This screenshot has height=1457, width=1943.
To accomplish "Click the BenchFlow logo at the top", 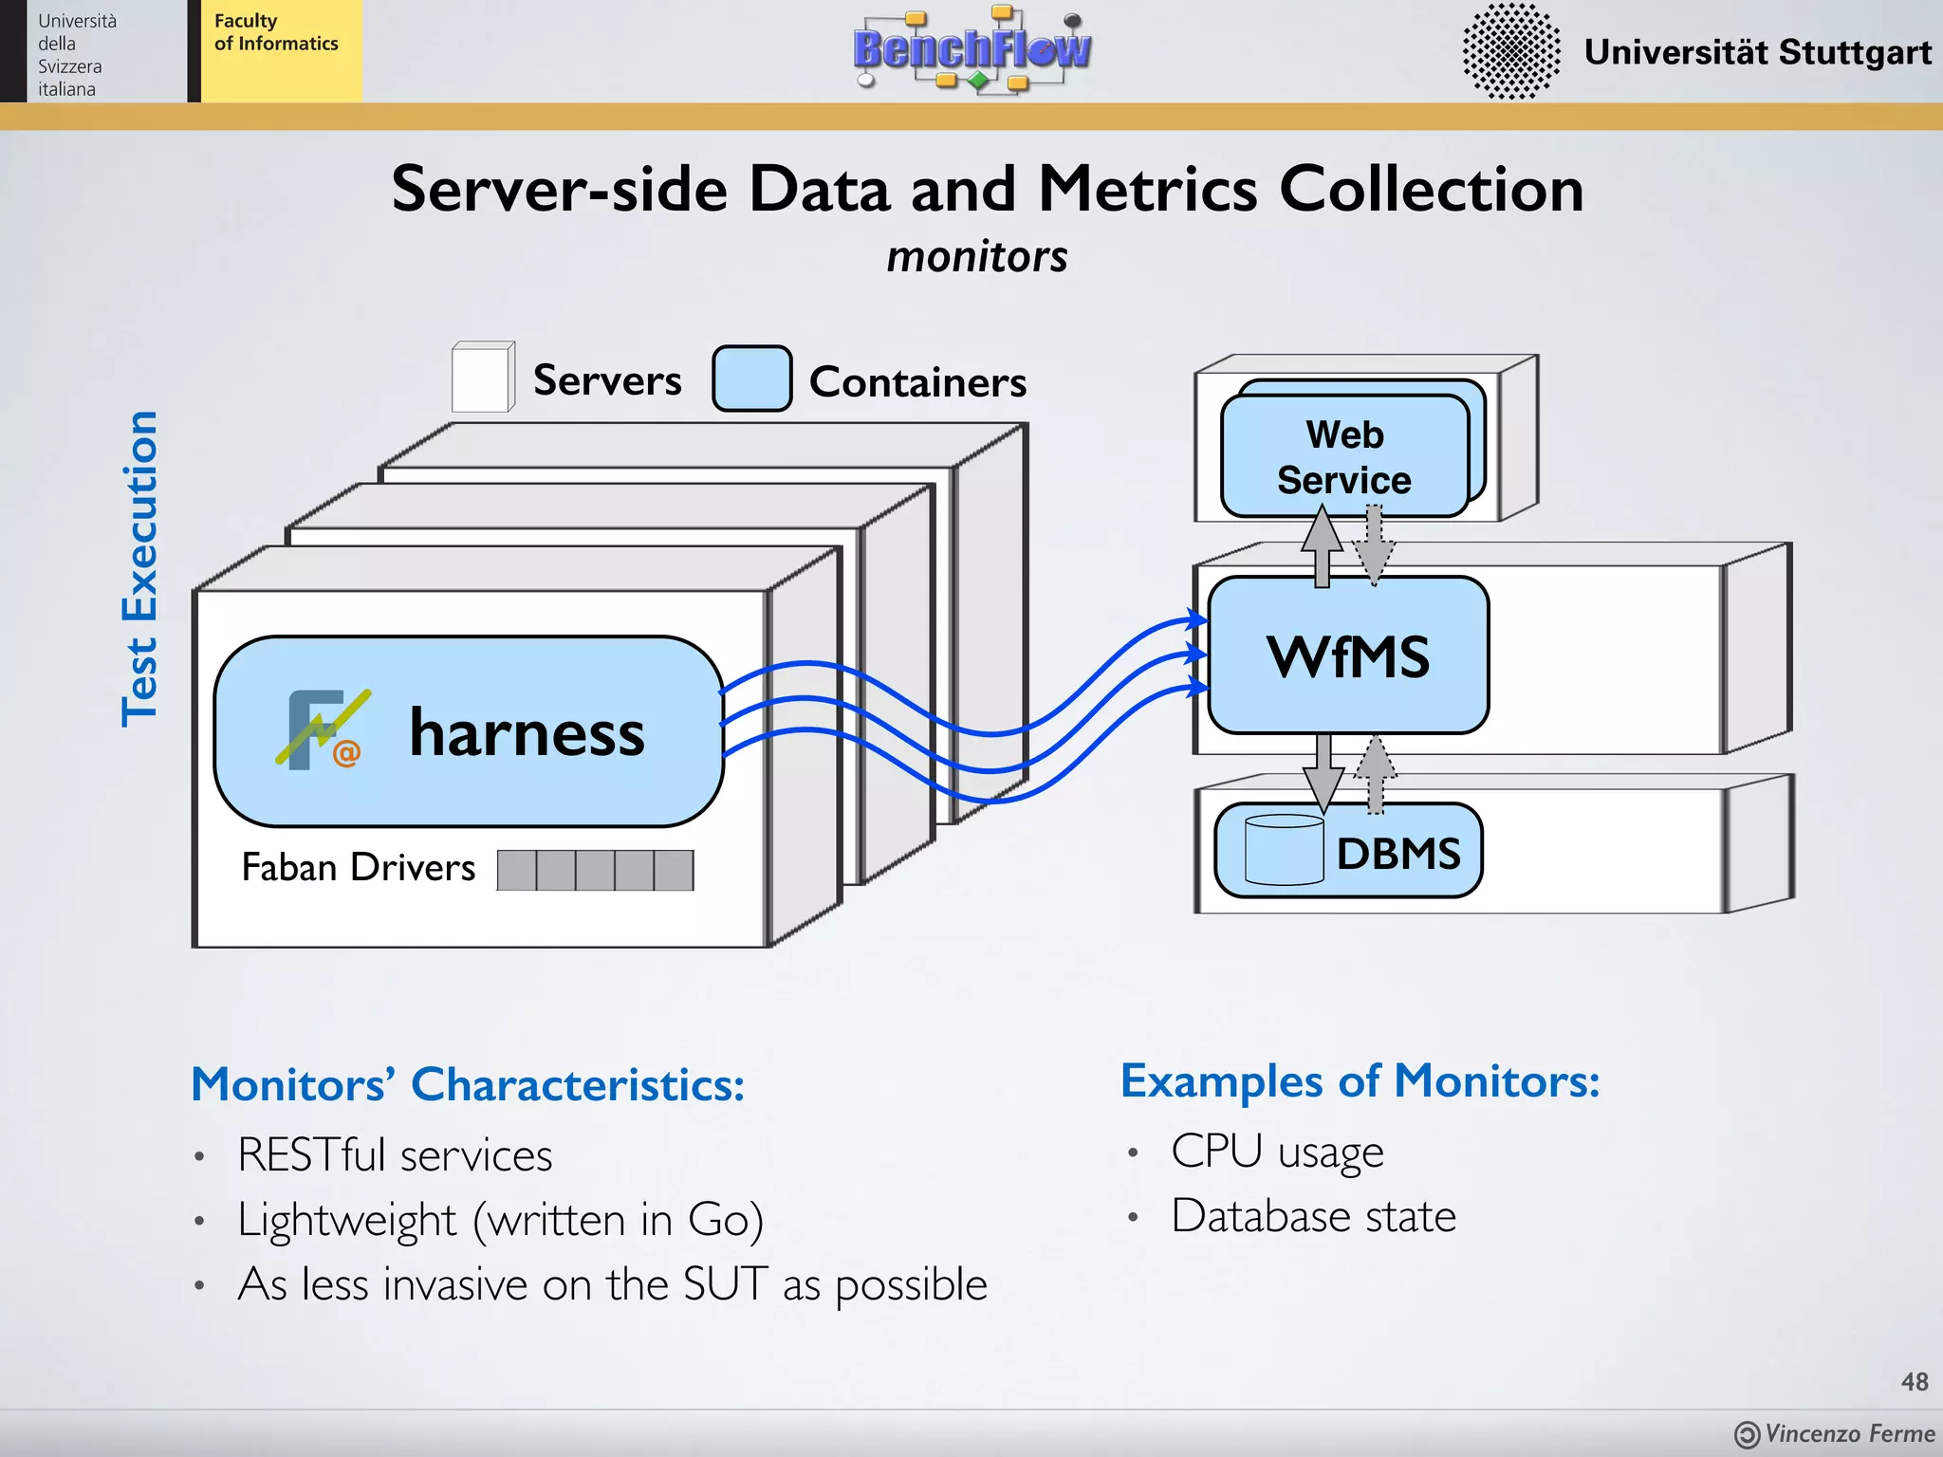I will tap(971, 49).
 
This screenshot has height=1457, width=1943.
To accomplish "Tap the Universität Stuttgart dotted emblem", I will tap(1510, 51).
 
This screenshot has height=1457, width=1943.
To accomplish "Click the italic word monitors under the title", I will tap(976, 257).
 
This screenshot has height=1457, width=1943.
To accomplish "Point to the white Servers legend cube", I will tap(483, 378).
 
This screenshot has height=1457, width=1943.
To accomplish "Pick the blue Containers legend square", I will tap(751, 378).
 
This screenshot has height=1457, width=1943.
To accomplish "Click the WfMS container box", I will tap(1347, 655).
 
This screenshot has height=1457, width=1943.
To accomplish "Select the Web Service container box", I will tap(1343, 456).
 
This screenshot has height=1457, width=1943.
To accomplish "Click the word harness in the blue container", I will tap(527, 733).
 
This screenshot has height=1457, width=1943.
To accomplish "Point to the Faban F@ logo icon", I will tap(322, 729).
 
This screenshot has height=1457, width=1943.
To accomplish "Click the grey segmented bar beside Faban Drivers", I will tap(595, 870).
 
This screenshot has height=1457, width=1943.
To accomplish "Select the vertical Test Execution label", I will tap(139, 569).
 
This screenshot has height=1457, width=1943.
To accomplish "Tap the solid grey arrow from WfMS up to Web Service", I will tap(1322, 546).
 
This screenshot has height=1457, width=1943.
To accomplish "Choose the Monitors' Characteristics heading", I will tap(468, 1084).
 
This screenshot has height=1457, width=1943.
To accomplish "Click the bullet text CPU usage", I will tap(1277, 1152).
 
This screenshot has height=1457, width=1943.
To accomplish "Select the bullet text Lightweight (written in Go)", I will tap(500, 1220).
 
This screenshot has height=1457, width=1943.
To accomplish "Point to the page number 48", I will tap(1914, 1382).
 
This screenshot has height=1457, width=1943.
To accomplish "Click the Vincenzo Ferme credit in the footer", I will tap(1848, 1433).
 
